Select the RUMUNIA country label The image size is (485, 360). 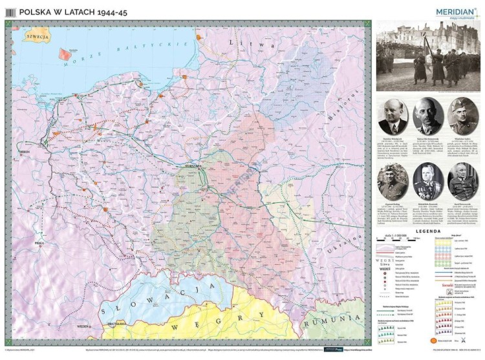coord(336,319)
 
